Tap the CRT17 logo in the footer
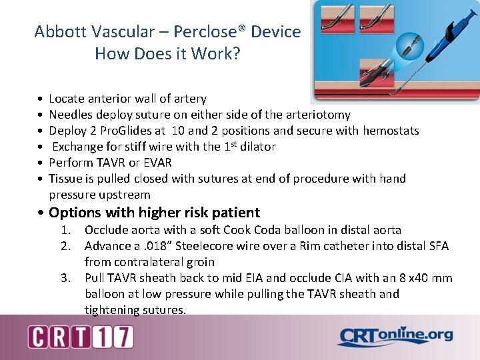coord(81,337)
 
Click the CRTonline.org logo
coord(395,337)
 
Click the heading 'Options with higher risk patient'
coord(154,213)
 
